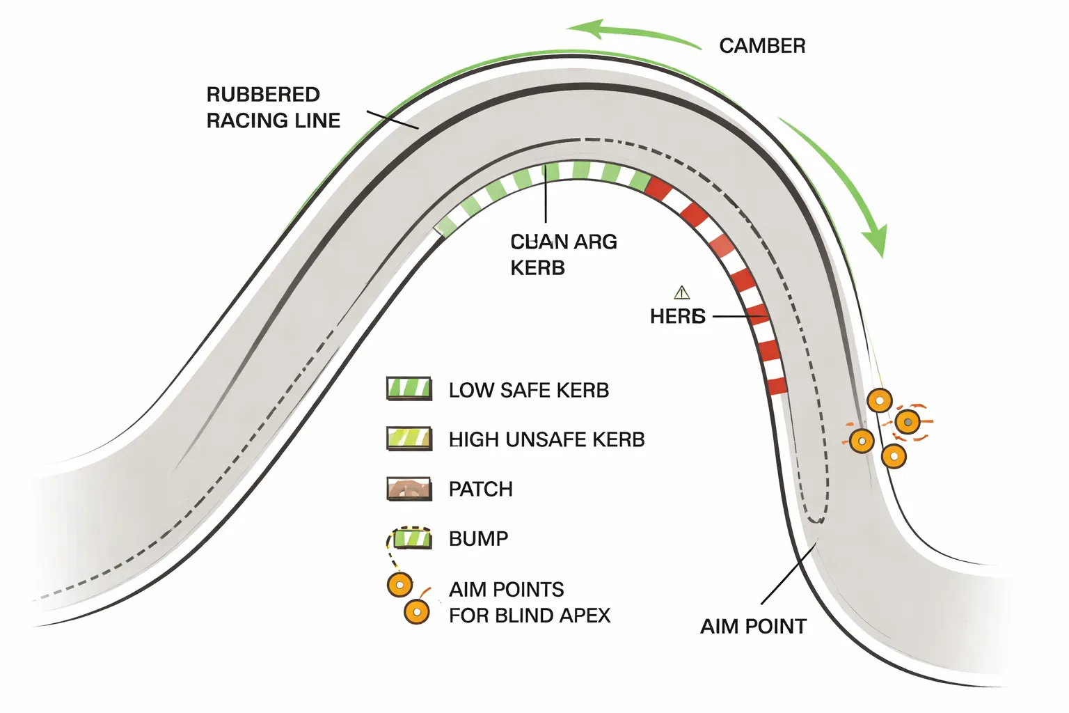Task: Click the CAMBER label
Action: pos(762,46)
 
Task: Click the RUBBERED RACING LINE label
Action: pos(273,107)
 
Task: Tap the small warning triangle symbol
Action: pos(681,292)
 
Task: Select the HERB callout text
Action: pos(677,317)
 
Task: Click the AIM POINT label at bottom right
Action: pos(753,627)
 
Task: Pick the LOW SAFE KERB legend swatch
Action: pos(409,389)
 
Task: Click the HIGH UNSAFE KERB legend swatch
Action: pos(409,439)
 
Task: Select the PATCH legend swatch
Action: pos(409,489)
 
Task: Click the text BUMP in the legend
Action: pos(478,539)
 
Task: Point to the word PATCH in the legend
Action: pos(480,489)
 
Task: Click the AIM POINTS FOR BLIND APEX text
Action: pos(529,602)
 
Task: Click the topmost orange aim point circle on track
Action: pos(880,401)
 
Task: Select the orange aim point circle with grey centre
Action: pos(908,422)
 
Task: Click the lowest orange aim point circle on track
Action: pos(894,457)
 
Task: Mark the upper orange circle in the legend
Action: pos(399,586)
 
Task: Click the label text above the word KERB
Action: pos(563,242)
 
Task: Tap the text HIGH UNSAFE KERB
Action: pos(546,440)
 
